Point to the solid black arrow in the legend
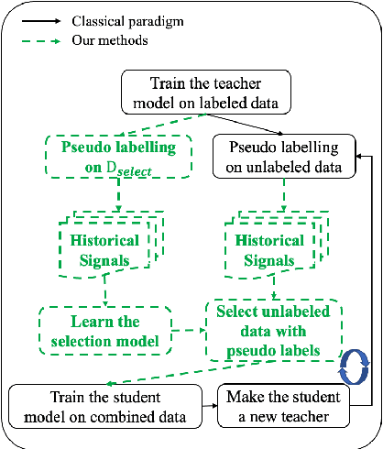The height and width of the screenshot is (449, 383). [41, 18]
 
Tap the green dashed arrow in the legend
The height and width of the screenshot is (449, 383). [41, 39]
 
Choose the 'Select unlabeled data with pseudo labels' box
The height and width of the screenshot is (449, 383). [274, 330]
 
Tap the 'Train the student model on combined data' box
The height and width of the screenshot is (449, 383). [107, 407]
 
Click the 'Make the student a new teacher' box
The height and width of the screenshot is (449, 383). [286, 407]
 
